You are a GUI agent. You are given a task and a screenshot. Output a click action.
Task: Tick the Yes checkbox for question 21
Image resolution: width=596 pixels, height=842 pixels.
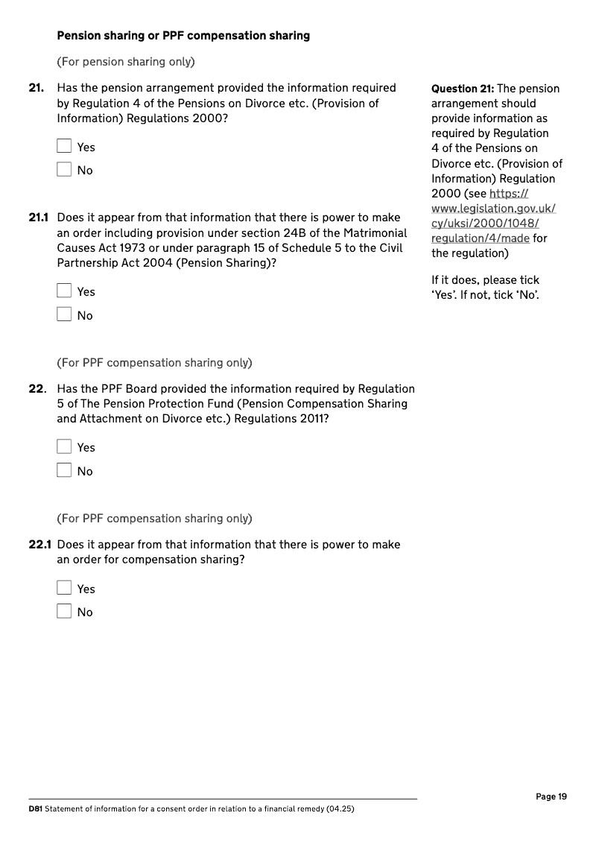click(x=64, y=147)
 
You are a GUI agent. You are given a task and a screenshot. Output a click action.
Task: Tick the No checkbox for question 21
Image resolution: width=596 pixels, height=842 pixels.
click(x=64, y=170)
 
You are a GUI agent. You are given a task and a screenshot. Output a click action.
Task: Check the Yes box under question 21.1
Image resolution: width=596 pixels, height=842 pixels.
click(x=64, y=291)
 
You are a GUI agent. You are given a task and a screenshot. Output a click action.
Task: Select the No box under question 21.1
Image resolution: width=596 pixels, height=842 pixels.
click(x=64, y=315)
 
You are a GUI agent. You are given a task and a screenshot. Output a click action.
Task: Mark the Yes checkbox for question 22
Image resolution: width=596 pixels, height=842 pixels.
click(x=64, y=447)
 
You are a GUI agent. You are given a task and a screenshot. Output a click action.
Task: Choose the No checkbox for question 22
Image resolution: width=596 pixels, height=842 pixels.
click(x=64, y=471)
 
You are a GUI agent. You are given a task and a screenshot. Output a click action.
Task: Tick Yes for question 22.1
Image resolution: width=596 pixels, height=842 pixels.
click(x=64, y=589)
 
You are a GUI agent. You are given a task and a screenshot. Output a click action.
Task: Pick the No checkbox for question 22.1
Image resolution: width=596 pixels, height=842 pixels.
click(x=64, y=612)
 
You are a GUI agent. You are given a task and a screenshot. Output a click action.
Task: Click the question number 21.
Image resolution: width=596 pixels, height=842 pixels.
click(x=36, y=88)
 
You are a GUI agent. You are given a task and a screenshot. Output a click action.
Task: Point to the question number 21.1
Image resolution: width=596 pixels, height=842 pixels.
click(x=39, y=218)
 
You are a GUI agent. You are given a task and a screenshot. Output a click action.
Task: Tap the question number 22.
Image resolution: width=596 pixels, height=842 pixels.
click(x=38, y=388)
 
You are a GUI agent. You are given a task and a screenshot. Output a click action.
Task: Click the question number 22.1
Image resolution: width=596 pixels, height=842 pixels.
click(x=39, y=545)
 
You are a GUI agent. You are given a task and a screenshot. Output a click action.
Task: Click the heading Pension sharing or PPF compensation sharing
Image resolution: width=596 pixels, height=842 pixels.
click(x=183, y=36)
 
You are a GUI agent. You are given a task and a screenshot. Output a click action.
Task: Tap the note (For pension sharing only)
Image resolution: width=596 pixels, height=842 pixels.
click(x=130, y=61)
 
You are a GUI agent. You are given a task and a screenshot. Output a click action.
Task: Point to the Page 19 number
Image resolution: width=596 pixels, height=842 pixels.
click(x=551, y=797)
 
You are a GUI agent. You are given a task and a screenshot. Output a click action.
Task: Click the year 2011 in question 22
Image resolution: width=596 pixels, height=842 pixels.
click(x=314, y=418)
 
